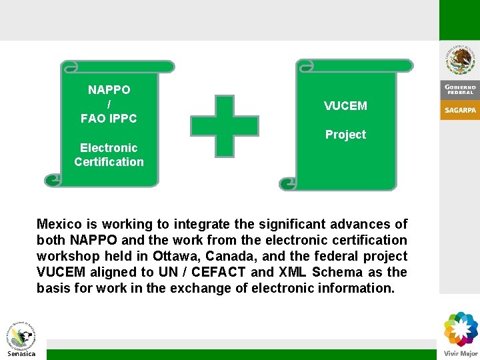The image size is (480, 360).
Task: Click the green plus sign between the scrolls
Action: (x=225, y=126)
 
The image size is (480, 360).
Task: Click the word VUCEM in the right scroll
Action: (x=345, y=106)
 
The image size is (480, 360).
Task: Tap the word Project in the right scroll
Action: (x=345, y=135)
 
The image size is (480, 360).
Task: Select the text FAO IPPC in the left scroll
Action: (x=109, y=119)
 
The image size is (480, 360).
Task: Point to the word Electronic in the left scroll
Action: (x=109, y=148)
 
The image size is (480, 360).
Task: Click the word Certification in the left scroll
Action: (x=109, y=162)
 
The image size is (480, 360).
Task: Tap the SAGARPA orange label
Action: (x=460, y=111)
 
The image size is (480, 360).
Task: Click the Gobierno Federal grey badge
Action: (x=460, y=89)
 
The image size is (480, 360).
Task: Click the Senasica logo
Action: (x=21, y=340)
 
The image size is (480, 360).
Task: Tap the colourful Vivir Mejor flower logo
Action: (x=461, y=329)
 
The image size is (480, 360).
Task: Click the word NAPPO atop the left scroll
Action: (x=109, y=90)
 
